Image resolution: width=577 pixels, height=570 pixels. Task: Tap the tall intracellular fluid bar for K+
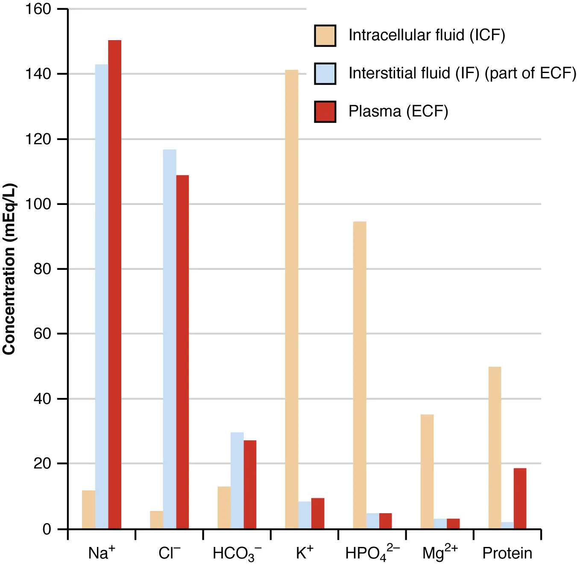(292, 299)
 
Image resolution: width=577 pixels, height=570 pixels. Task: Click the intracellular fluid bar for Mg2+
(427, 471)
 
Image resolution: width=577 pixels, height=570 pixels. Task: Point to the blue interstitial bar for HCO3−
(237, 480)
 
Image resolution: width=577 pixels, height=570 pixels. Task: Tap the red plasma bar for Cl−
(182, 352)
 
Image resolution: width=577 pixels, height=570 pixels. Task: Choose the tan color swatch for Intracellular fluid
(325, 35)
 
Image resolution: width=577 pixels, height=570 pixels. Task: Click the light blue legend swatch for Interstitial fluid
(325, 73)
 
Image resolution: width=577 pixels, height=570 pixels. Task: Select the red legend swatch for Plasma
(325, 112)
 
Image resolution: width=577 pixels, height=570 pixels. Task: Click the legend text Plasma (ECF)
(398, 111)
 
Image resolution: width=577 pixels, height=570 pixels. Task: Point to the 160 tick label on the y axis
(38, 9)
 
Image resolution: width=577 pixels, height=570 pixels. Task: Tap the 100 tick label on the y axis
(38, 204)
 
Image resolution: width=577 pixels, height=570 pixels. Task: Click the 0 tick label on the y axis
(47, 529)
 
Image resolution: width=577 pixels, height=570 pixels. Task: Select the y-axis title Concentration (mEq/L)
(9, 269)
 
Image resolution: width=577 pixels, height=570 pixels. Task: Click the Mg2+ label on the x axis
(439, 553)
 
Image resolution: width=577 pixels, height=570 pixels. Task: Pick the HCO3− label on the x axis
(237, 554)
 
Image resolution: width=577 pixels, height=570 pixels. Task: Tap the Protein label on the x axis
(507, 553)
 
